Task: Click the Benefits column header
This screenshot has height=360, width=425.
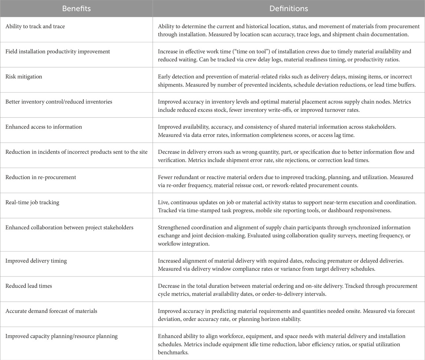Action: tap(76, 8)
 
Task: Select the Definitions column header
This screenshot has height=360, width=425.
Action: tap(288, 8)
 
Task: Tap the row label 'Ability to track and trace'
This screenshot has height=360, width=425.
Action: tap(35, 27)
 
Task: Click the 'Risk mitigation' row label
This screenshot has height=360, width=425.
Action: tap(23, 77)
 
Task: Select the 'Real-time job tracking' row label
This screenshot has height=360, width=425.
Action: tap(32, 202)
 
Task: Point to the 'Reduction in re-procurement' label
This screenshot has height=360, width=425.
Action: tap(40, 177)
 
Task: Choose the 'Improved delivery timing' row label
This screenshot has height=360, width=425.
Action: tap(36, 261)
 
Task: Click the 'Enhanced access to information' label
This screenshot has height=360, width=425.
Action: tap(43, 127)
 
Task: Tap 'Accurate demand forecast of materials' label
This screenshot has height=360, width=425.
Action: tap(51, 311)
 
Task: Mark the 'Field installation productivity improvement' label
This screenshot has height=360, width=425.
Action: tap(58, 52)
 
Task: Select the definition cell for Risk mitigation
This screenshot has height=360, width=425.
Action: tap(288, 80)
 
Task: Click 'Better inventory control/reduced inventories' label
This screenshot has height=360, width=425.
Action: tap(54, 102)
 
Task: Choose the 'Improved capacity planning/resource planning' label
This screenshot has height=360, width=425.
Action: tap(61, 336)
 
